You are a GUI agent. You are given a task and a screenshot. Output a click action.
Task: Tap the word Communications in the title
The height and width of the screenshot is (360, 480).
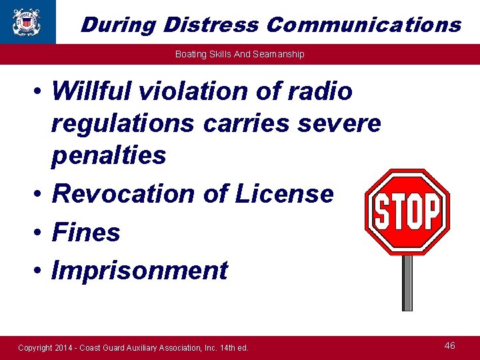pos(363,25)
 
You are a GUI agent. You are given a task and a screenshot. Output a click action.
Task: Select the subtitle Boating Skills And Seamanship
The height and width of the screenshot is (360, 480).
pos(239,54)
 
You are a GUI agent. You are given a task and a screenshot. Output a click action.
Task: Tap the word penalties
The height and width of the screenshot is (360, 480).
pos(109,155)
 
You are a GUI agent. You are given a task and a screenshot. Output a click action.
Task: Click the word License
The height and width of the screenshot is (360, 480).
pos(284,193)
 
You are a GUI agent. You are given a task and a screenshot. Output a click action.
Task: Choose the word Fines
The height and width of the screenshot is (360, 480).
pos(86,232)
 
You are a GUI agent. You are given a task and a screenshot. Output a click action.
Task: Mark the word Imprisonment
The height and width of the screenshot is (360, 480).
pos(139,271)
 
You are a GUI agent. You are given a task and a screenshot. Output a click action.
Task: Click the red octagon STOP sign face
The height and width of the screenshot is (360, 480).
pos(407,212)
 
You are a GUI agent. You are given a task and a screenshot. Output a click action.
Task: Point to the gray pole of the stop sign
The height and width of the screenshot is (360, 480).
pos(407,283)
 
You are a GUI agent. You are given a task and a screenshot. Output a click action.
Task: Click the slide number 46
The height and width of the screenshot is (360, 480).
pos(450,345)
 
